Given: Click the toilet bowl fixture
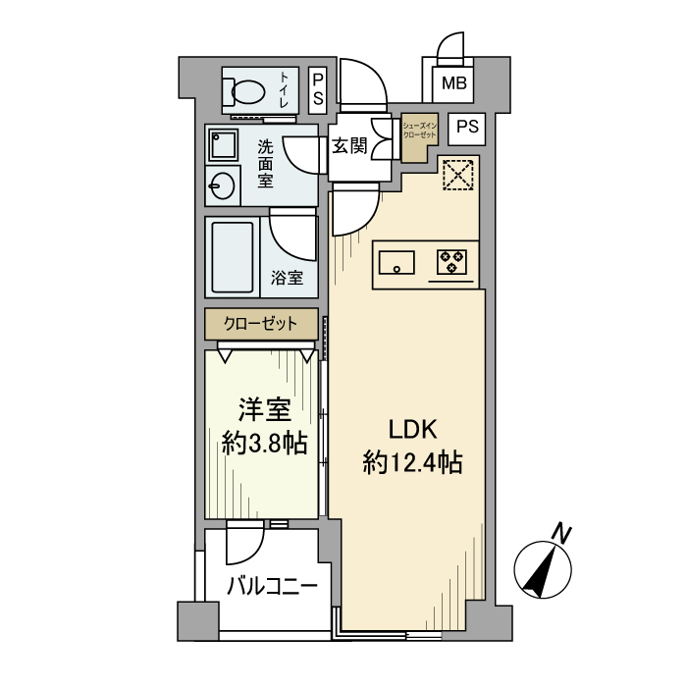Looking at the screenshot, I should [x=246, y=91].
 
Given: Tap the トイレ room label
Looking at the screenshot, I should [x=286, y=89].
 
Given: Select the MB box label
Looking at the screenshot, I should [x=452, y=83].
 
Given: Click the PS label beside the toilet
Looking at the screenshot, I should [x=319, y=90].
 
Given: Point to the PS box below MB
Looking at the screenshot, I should [x=468, y=126].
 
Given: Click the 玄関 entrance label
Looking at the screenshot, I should [x=348, y=146].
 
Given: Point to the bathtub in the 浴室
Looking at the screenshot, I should [x=233, y=256].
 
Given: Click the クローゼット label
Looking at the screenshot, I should [x=261, y=323].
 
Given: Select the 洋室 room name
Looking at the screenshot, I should [x=264, y=408].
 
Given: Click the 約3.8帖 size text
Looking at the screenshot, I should [x=264, y=443].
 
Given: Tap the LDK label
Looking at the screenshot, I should [x=411, y=429].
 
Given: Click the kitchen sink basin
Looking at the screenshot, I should [x=396, y=261].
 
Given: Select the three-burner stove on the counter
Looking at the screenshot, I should [x=451, y=261].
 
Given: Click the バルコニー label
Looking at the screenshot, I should [x=272, y=587].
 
